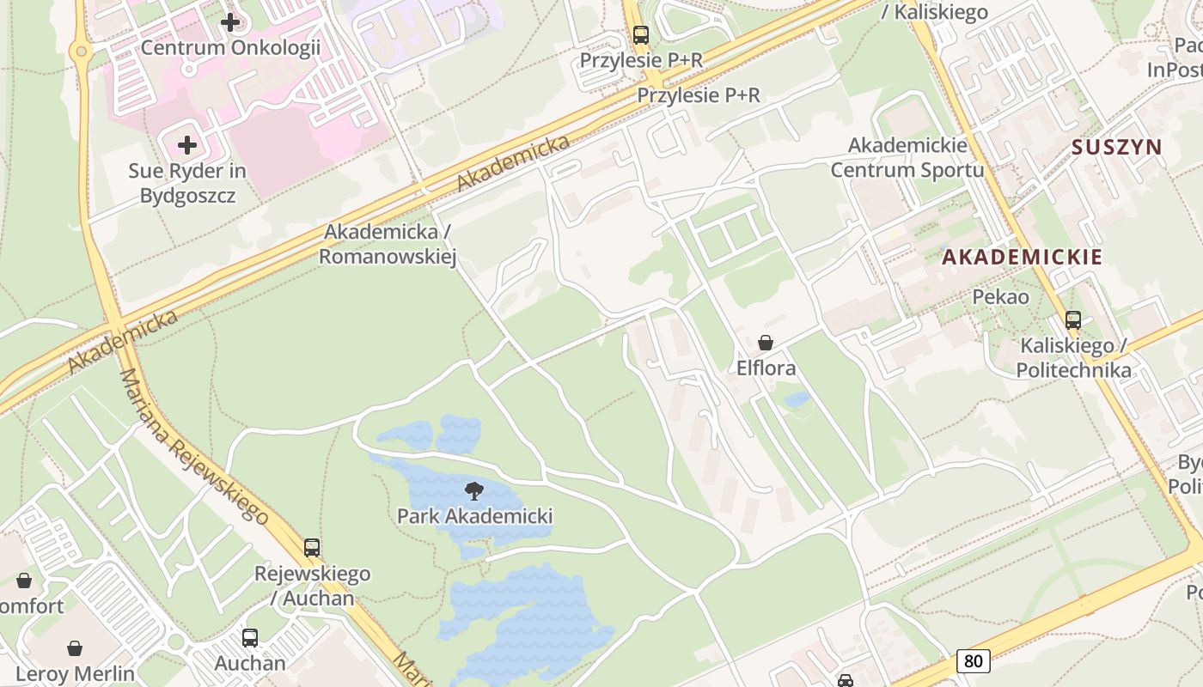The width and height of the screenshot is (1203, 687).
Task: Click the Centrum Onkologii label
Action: pyautogui.click(x=230, y=47)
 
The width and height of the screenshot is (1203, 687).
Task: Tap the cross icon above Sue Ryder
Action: pyautogui.click(x=187, y=144)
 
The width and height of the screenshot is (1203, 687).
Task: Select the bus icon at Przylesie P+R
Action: pyautogui.click(x=641, y=35)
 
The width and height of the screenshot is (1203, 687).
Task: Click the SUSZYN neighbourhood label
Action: pyautogui.click(x=1116, y=147)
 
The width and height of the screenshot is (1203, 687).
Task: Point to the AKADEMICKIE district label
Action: pyautogui.click(x=1022, y=256)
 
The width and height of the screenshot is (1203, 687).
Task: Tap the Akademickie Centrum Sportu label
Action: pyautogui.click(x=907, y=157)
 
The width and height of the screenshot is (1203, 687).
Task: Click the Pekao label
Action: pyautogui.click(x=1000, y=297)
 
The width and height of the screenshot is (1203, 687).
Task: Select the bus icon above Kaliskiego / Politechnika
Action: pyautogui.click(x=1073, y=320)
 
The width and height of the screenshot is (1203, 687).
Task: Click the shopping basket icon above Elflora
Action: pyautogui.click(x=766, y=343)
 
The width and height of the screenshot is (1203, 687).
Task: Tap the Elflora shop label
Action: pyautogui.click(x=766, y=368)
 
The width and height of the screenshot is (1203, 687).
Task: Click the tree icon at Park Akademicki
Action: pyautogui.click(x=473, y=491)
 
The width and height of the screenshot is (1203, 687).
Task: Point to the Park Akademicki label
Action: pyautogui.click(x=474, y=516)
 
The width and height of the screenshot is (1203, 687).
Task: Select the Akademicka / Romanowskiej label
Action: pyautogui.click(x=388, y=244)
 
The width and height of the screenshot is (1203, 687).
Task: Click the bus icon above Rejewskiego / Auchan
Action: pyautogui.click(x=312, y=547)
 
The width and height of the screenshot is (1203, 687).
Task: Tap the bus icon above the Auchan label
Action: pyautogui.click(x=250, y=638)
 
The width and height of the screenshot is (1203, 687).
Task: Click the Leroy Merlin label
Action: pyautogui.click(x=76, y=673)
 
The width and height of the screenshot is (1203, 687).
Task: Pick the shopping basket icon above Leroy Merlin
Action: pyautogui.click(x=76, y=647)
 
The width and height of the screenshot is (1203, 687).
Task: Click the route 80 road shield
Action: pyautogui.click(x=973, y=661)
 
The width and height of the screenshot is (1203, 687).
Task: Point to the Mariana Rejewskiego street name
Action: pyautogui.click(x=193, y=447)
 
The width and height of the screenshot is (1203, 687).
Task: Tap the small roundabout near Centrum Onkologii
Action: pyautogui.click(x=82, y=52)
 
